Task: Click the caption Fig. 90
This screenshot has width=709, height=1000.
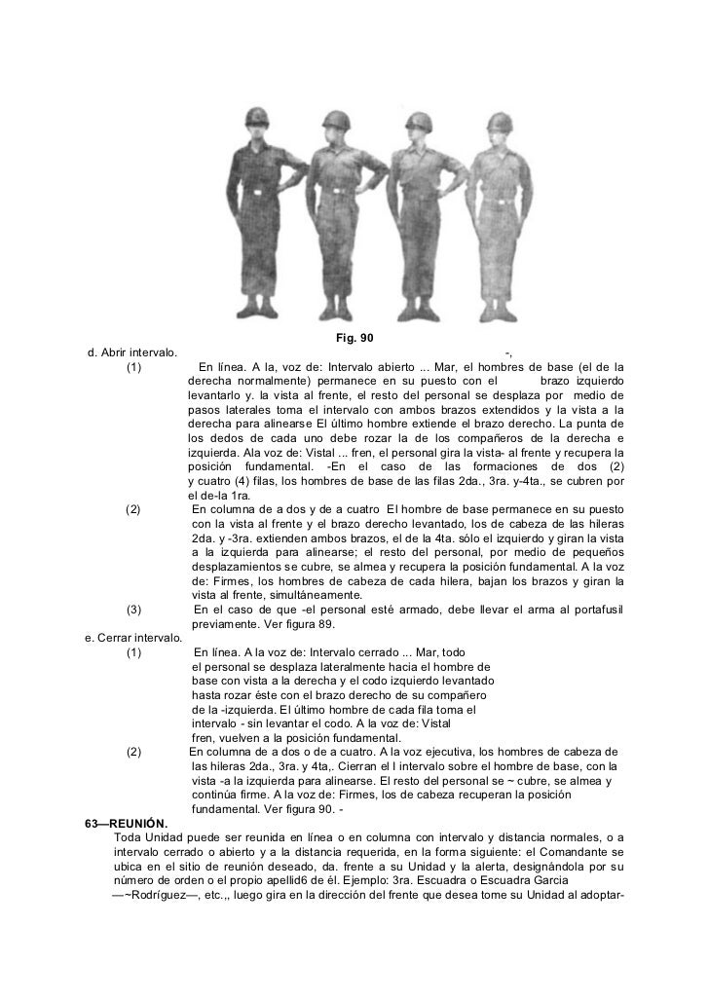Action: click(354, 338)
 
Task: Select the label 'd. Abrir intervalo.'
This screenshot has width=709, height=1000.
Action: click(131, 352)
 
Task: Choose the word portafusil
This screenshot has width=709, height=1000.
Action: click(595, 610)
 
